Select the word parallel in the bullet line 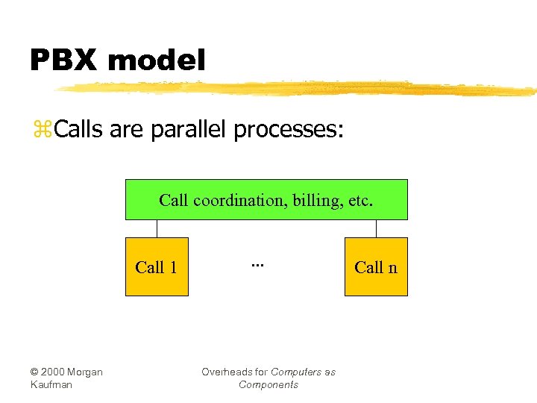189,131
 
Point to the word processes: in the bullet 289,131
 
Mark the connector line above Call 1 157,228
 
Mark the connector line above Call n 376,228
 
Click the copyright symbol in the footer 35,372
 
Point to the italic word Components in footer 268,385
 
